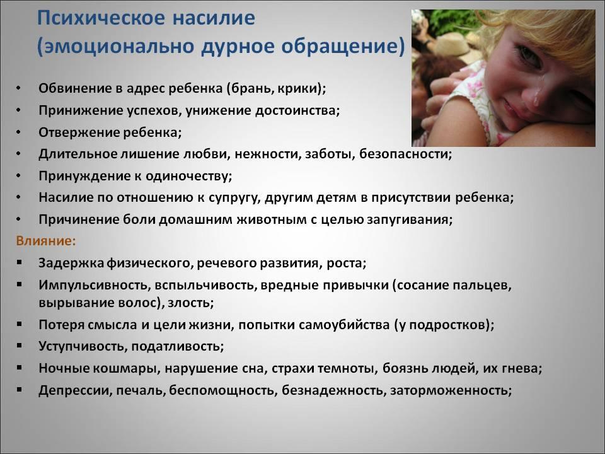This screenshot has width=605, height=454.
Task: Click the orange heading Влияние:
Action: (45, 241)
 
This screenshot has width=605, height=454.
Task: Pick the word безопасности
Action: (405, 154)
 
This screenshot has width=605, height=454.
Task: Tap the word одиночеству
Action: (188, 176)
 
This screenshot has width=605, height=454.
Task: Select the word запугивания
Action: (410, 219)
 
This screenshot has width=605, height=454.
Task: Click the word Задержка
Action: (71, 264)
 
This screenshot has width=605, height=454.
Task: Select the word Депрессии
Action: (75, 391)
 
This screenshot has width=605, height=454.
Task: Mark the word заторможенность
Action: (451, 391)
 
